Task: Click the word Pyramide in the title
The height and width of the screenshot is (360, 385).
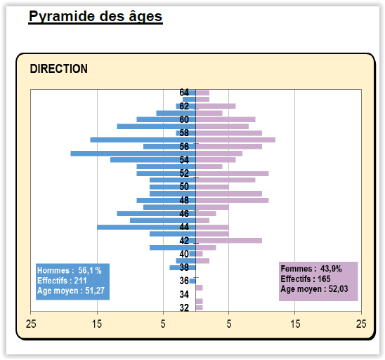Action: [x=62, y=17]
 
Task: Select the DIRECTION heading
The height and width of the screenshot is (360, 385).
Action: [x=59, y=69]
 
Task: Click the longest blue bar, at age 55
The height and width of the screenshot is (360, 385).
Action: [x=133, y=154]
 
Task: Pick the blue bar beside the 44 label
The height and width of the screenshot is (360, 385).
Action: [x=146, y=227]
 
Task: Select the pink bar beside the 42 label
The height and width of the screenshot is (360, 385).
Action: [x=229, y=241]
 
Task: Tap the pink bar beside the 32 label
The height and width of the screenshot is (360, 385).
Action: [x=200, y=308]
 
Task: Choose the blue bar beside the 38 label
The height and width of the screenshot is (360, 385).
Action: [x=183, y=268]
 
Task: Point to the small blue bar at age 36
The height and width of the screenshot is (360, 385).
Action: [x=192, y=281]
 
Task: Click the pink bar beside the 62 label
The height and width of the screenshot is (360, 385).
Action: [x=216, y=106]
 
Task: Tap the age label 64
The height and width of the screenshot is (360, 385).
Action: [x=184, y=93]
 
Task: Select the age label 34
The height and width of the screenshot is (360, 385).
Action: [x=184, y=294]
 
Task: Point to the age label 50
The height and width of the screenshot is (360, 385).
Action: [x=184, y=187]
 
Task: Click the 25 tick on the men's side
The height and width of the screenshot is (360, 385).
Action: [x=31, y=324]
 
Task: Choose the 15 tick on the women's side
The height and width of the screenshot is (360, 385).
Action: [x=295, y=324]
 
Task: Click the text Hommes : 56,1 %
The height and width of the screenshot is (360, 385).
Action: [x=70, y=270]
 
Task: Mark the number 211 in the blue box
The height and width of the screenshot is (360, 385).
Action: [x=80, y=281]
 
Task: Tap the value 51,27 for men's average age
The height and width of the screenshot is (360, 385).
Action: [x=95, y=291]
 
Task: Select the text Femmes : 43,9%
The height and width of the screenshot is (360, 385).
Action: [x=311, y=269]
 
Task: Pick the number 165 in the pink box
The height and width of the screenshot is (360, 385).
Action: [x=324, y=279]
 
